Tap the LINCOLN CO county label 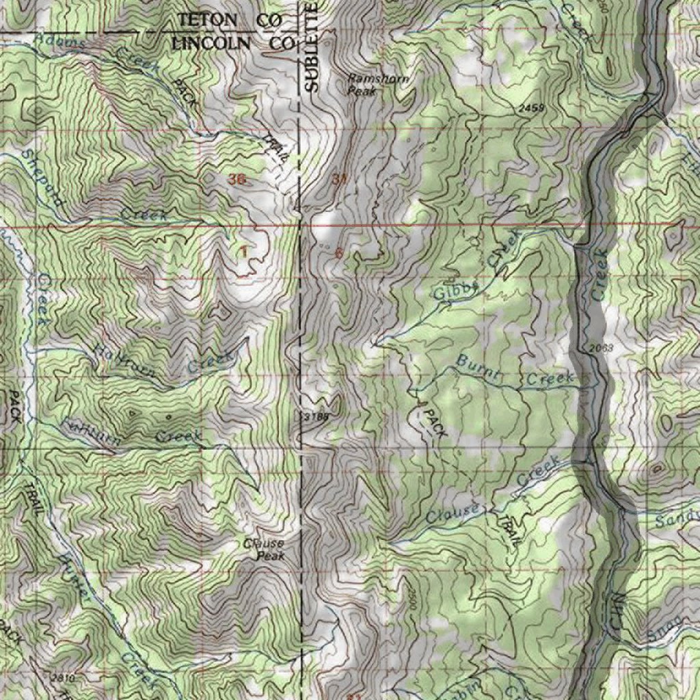point(232,42)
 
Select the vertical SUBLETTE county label point(312,48)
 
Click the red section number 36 point(237,179)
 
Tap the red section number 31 point(340,180)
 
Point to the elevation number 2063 point(600,349)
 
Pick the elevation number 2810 point(62,677)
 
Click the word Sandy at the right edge point(677,518)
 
